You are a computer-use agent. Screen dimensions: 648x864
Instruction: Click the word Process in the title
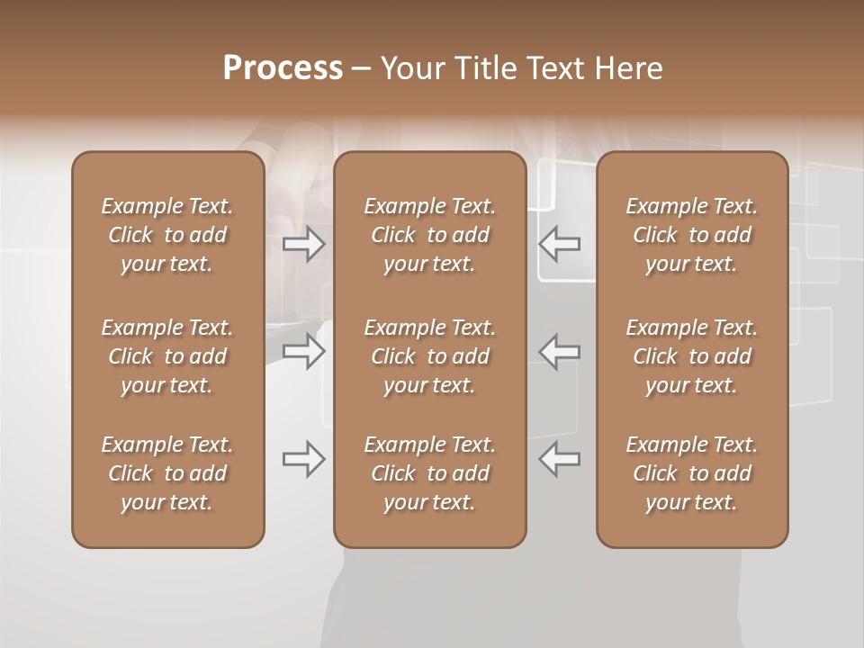pos(283,68)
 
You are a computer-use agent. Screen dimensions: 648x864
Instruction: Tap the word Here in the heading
pos(629,68)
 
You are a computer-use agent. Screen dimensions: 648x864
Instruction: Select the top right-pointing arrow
pos(304,244)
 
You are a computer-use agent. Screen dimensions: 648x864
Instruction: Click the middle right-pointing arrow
pos(304,351)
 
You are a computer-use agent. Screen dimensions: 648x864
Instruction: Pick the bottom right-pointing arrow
pos(304,459)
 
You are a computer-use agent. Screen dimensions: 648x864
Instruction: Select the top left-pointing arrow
pos(560,244)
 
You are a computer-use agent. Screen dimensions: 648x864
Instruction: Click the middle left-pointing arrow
pos(560,351)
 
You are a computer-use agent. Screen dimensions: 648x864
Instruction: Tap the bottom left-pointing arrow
pos(560,459)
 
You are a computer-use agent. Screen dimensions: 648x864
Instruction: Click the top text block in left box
pos(167,235)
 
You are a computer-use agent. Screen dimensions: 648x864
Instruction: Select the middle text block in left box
pos(167,356)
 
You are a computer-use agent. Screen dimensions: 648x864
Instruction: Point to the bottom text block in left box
pos(167,473)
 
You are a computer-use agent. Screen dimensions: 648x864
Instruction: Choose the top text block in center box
pos(429,235)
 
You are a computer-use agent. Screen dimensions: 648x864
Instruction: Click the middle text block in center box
pos(429,356)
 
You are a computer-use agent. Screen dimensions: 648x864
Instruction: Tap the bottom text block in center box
pos(429,473)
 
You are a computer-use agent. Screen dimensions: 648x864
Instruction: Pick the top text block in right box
pos(692,235)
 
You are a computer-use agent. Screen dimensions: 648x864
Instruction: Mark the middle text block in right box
pos(692,356)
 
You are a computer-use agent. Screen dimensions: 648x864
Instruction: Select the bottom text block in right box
pos(692,473)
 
